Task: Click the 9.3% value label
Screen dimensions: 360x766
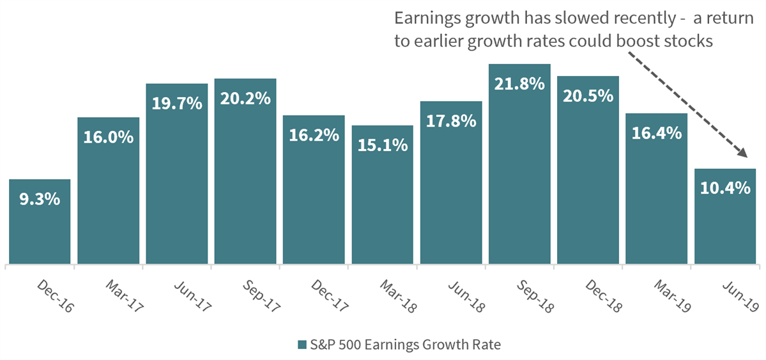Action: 40,199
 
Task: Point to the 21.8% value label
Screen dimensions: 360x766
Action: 519,83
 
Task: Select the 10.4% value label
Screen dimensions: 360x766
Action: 725,188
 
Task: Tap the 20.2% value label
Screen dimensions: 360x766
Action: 245,98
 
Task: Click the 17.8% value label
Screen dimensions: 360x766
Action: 451,121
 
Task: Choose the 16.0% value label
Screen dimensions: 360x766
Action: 108,137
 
